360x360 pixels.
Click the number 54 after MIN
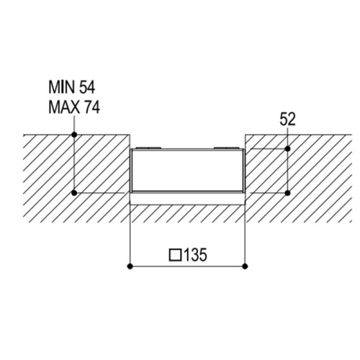tap(87, 87)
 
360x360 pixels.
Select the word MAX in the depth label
tap(64, 107)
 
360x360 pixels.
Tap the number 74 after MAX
tap(91, 107)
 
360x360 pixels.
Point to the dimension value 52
tap(287, 120)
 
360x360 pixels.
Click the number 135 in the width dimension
tap(195, 255)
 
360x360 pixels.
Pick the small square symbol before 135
tap(175, 255)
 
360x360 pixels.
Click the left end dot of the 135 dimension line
tap(130, 266)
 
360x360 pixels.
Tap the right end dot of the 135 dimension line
tap(245, 266)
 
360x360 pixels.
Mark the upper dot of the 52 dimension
tap(288, 149)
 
